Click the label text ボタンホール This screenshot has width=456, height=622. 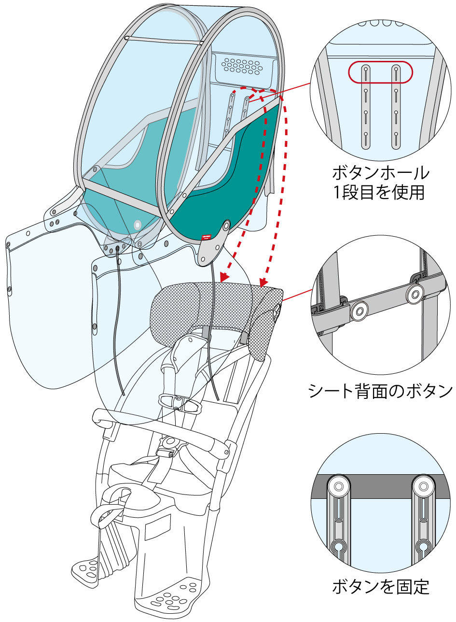pos(381,172)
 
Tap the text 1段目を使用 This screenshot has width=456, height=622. pos(381,193)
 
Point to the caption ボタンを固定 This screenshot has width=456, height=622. pos(381,588)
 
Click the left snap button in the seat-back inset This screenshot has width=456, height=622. pos(359,311)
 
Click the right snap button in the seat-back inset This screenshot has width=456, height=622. pos(414,294)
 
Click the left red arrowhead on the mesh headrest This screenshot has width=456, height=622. pos(223,277)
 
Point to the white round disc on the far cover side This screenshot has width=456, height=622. pos(138,224)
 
